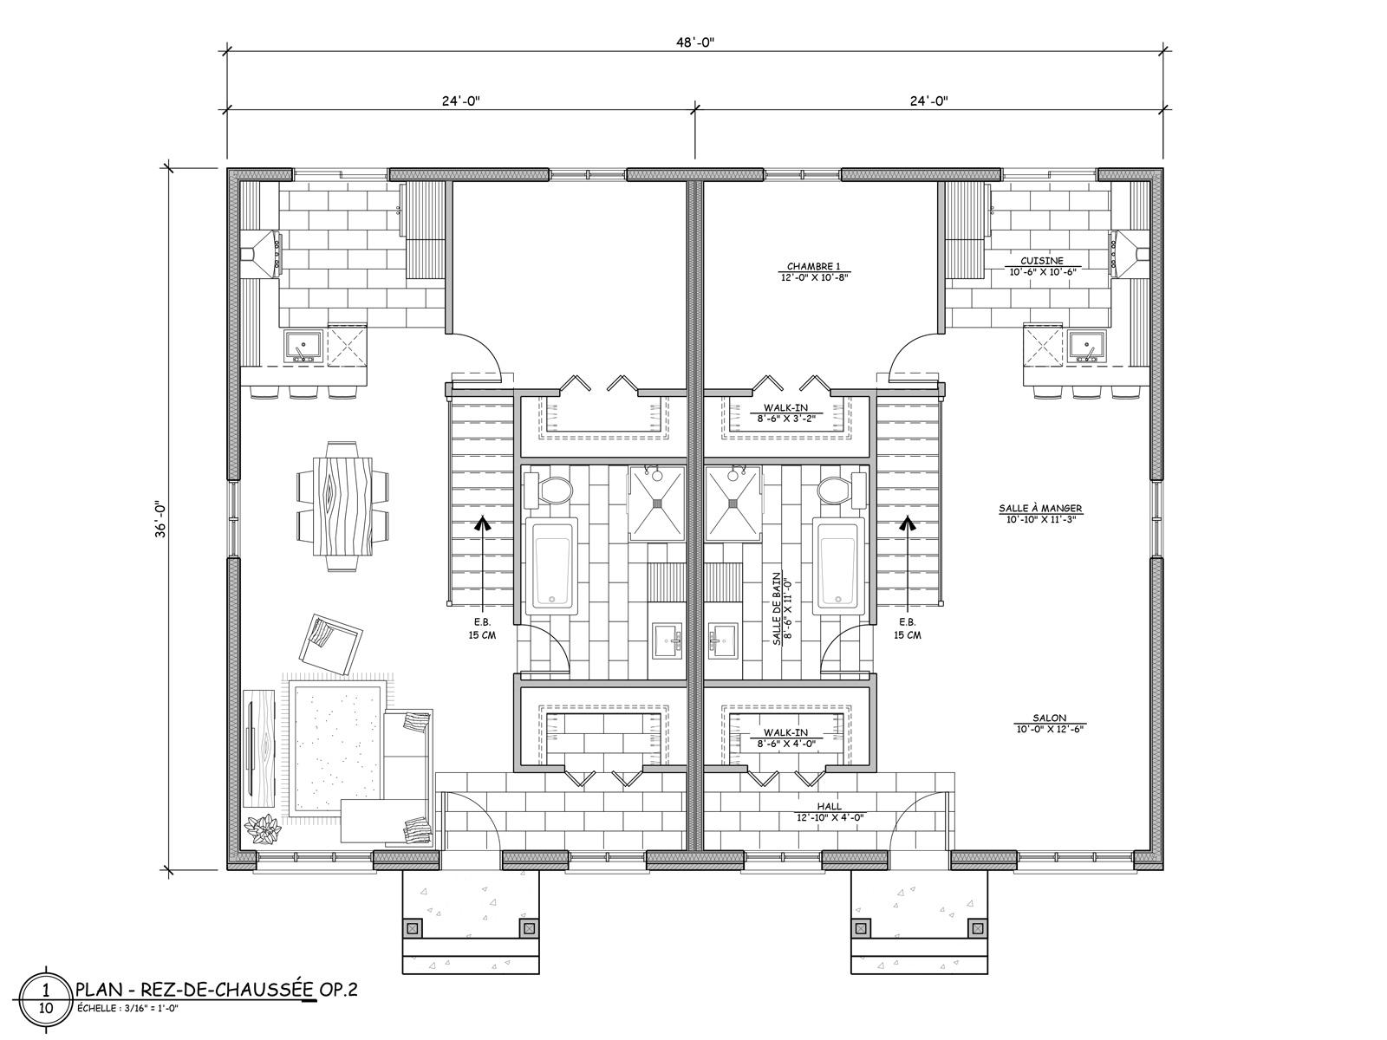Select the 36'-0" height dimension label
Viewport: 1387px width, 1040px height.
click(x=160, y=519)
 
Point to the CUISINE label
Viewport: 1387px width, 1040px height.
click(x=1041, y=260)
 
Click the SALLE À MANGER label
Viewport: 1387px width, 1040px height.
click(x=1040, y=508)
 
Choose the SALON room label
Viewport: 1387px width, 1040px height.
click(x=1050, y=718)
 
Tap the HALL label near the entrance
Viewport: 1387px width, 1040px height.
click(x=829, y=806)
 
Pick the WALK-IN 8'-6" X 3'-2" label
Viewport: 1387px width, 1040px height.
click(x=785, y=413)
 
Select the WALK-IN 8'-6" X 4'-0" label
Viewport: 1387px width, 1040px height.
click(x=785, y=738)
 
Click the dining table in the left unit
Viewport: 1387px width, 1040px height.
click(x=342, y=506)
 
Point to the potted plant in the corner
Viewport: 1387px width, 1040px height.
click(x=264, y=829)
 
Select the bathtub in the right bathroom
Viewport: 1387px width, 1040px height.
click(x=838, y=565)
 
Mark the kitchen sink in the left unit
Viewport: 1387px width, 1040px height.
click(x=304, y=347)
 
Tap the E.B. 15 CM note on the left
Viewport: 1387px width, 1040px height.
click(x=482, y=629)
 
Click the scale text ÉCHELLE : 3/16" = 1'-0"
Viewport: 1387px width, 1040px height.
click(x=127, y=1009)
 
